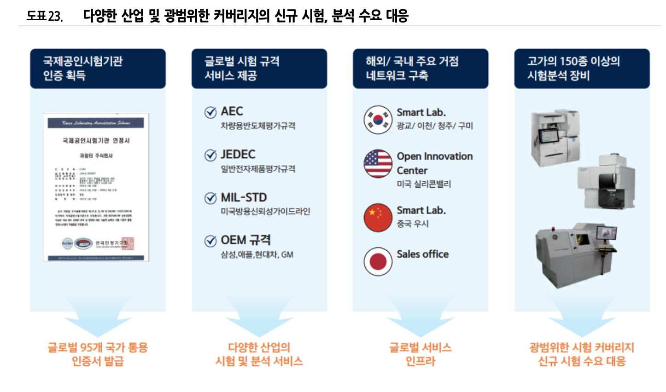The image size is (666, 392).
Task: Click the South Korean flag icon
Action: coord(378,120)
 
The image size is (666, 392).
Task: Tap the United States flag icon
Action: coord(378,163)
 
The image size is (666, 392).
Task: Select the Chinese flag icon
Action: coord(378,217)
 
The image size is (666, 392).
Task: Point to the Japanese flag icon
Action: coord(378,261)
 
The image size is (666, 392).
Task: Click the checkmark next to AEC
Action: coord(210,112)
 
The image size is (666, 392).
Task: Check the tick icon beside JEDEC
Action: coord(210,156)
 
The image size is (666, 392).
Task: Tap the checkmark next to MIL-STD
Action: coord(210,198)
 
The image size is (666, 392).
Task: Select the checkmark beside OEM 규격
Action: coord(210,241)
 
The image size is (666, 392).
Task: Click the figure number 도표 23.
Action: coord(44,16)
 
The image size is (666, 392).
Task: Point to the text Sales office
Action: coord(422,254)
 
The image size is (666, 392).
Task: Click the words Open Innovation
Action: coord(434,156)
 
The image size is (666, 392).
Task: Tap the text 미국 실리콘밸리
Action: coord(424,184)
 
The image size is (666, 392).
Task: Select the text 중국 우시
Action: coord(413,224)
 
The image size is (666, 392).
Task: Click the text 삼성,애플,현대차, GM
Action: coord(257,254)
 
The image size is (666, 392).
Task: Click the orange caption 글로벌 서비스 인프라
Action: coord(420,354)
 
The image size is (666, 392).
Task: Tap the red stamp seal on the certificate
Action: coord(128,243)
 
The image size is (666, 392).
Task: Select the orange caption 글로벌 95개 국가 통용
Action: coord(98,347)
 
